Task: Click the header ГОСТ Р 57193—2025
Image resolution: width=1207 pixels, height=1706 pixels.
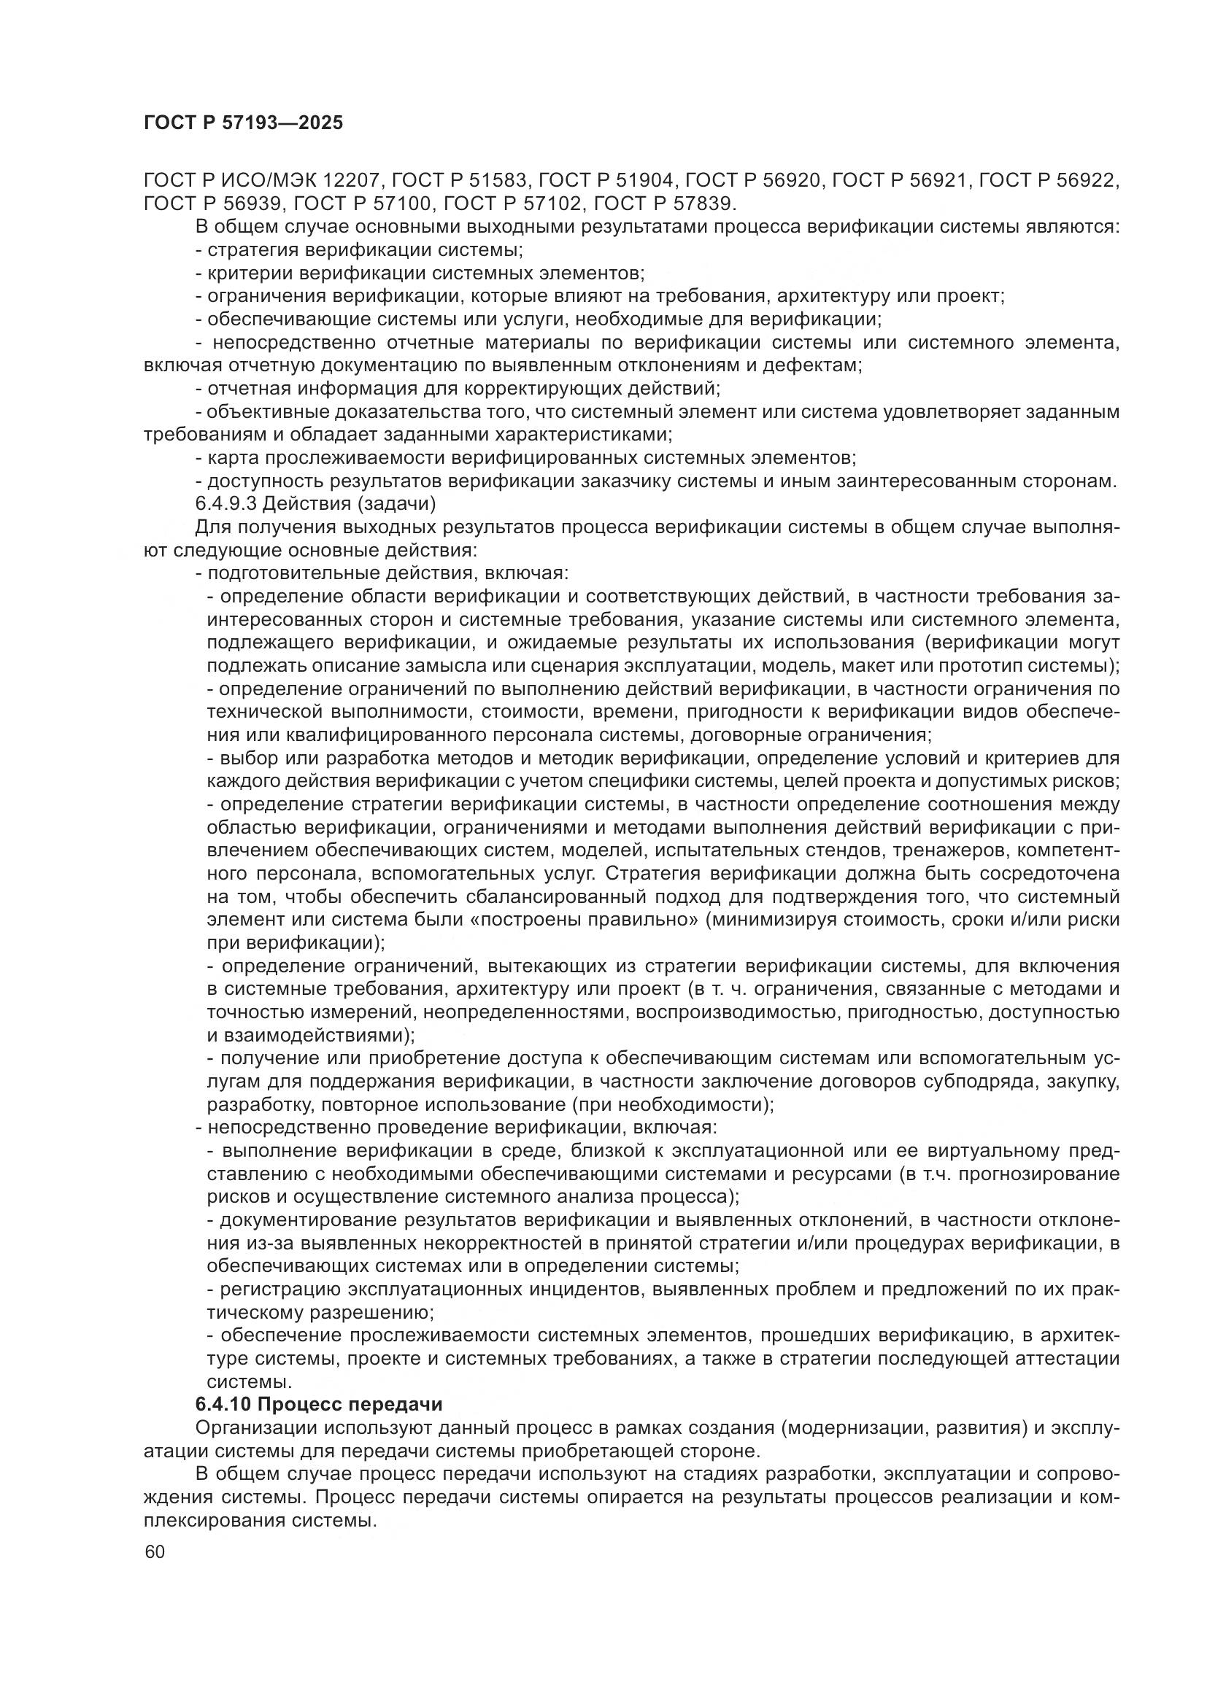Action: click(243, 123)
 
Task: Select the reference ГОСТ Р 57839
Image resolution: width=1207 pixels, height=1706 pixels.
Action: click(666, 203)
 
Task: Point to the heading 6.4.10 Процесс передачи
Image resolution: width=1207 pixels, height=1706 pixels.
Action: click(319, 1405)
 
